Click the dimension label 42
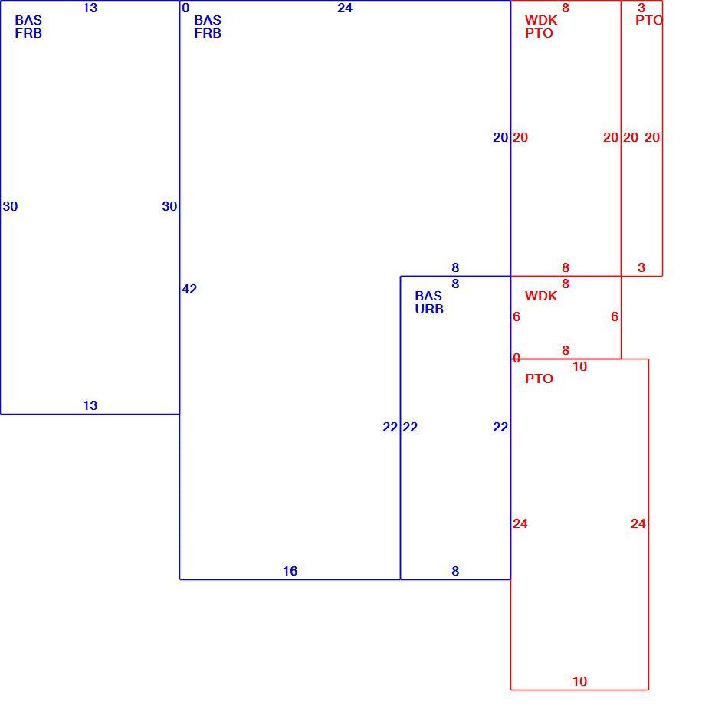[189, 289]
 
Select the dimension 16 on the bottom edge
[290, 571]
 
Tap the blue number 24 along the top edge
[345, 8]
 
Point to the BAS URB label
[429, 302]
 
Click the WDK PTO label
[541, 27]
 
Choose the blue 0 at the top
[185, 8]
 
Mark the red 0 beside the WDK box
[517, 358]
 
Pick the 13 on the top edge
[90, 8]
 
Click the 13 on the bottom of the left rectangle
[90, 405]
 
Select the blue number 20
[500, 137]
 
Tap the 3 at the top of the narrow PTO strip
[641, 8]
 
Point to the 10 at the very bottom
[580, 681]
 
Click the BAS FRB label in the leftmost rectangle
[28, 27]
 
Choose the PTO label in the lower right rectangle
[539, 379]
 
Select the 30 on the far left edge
[10, 206]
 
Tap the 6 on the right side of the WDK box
[615, 316]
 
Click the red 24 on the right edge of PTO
[638, 523]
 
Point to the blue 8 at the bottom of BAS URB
[455, 571]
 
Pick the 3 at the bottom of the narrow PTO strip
[641, 267]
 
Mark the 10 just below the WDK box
[580, 366]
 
